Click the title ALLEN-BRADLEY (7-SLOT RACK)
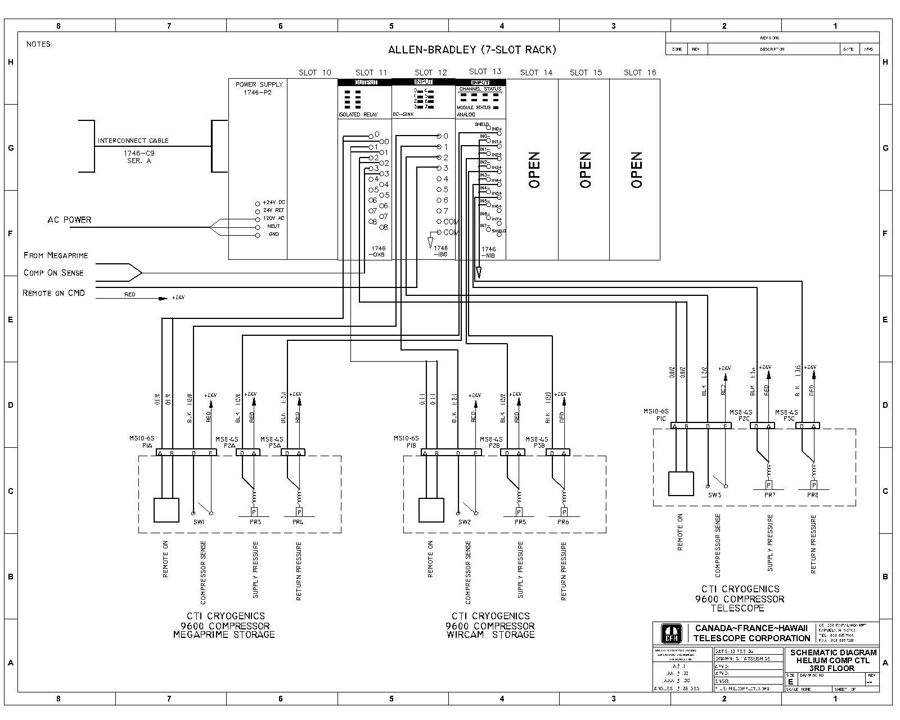tap(472, 49)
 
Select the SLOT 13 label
tap(485, 71)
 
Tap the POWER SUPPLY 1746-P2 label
tap(259, 88)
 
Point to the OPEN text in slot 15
tap(585, 170)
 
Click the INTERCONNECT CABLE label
tap(133, 141)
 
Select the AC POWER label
tap(69, 220)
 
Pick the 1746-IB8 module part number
tap(440, 251)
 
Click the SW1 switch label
tap(200, 522)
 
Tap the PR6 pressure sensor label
tap(563, 522)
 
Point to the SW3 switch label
tap(714, 495)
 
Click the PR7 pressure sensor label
tap(769, 495)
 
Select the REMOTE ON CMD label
tap(53, 293)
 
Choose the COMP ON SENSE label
tap(53, 273)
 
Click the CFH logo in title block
tap(671, 634)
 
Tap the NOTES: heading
tap(39, 44)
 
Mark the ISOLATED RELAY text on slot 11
tap(357, 115)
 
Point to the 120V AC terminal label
tap(273, 218)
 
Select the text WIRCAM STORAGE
tap(490, 635)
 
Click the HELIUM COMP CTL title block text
tap(833, 660)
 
